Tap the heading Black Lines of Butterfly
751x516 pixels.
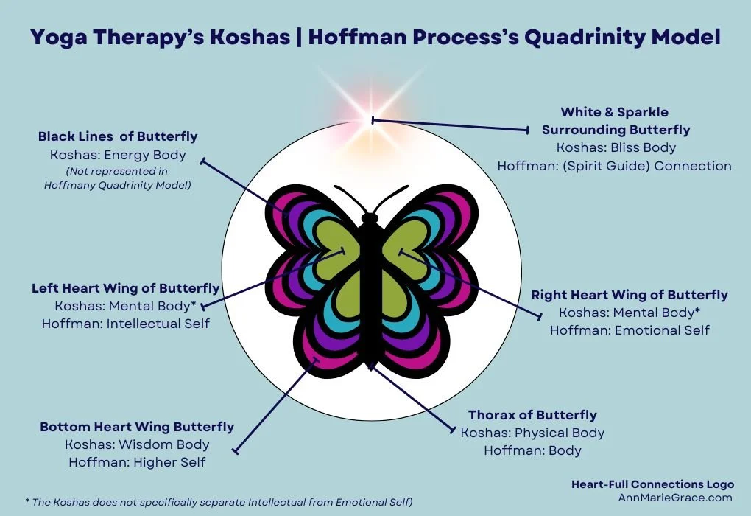click(x=118, y=136)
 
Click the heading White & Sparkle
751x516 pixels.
click(x=615, y=112)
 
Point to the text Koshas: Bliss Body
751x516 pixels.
click(x=616, y=147)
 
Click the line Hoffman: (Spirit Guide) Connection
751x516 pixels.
click(x=614, y=166)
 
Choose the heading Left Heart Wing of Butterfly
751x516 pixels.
click(x=125, y=288)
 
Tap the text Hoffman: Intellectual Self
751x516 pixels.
click(x=125, y=324)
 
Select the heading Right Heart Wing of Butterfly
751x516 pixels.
click(x=630, y=295)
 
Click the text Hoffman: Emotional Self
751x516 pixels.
click(x=630, y=330)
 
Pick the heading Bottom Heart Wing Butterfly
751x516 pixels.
click(x=137, y=427)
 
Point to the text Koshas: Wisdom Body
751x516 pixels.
click(x=137, y=444)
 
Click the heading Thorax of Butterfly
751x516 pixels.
click(x=532, y=415)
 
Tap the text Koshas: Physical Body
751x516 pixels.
click(x=532, y=433)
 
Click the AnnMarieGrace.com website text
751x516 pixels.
click(x=675, y=498)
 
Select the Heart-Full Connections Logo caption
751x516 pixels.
click(x=652, y=484)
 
